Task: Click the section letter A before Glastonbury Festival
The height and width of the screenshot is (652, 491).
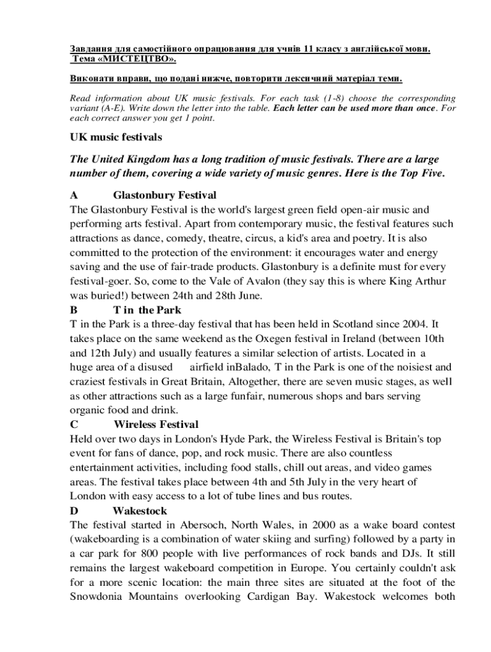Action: point(73,195)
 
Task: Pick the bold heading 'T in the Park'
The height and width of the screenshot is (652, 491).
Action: point(147,310)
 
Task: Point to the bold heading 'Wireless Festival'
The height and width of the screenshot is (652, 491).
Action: point(156,425)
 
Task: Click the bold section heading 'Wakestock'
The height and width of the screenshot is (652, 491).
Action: point(140,511)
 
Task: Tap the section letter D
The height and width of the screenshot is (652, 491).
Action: point(73,511)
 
